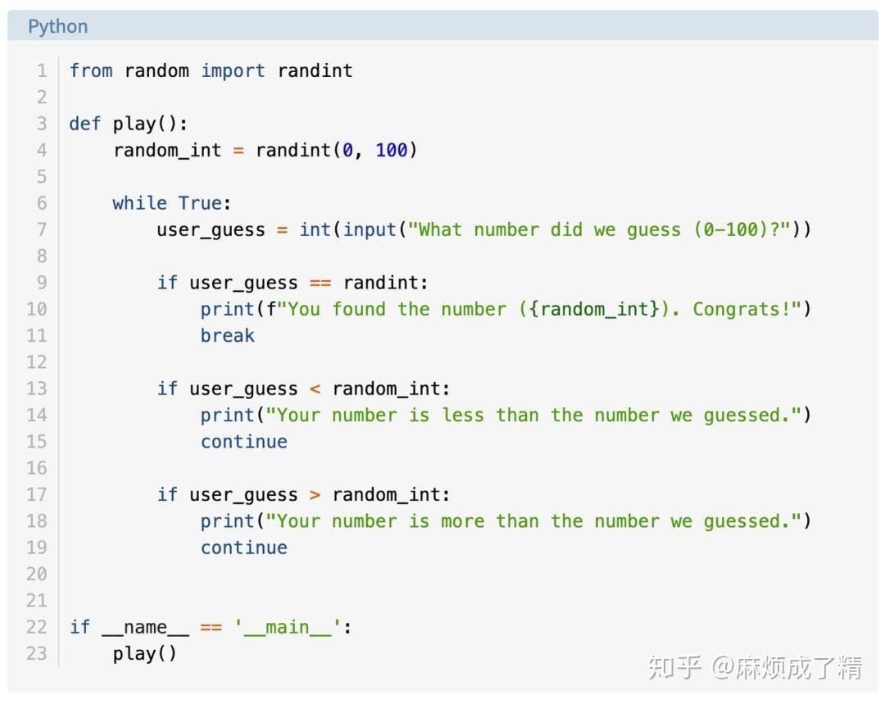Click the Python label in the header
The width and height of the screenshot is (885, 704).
point(58,27)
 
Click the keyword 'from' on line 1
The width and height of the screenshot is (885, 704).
point(91,70)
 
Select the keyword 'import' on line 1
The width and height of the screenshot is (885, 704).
point(233,71)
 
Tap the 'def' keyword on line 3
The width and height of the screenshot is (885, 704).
point(85,123)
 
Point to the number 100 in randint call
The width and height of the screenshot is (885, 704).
point(392,150)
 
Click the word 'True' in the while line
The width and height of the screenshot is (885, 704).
point(201,202)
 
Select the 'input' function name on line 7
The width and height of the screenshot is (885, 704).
point(370,229)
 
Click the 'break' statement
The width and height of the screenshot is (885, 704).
point(228,335)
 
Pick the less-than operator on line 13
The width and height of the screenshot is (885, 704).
point(315,389)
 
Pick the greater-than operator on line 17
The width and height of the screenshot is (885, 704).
point(315,495)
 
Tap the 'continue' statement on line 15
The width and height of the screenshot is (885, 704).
point(244,442)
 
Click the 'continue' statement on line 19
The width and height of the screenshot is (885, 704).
point(244,547)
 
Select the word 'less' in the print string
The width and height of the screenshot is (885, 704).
point(463,415)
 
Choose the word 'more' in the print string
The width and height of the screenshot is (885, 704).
point(463,522)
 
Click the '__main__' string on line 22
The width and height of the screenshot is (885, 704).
point(288,627)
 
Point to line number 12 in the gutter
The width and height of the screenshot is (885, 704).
point(37,362)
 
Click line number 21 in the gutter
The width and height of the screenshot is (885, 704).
point(37,601)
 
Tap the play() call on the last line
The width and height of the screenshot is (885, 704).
point(144,654)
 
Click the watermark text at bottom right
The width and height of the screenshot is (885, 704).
point(755,667)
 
